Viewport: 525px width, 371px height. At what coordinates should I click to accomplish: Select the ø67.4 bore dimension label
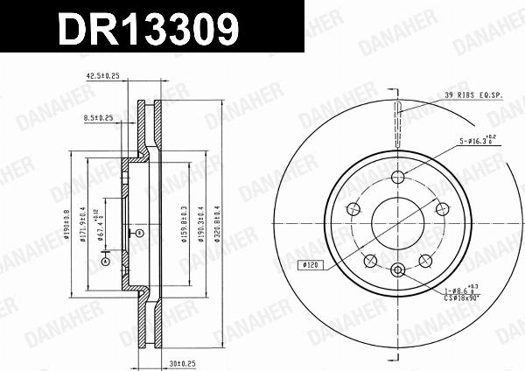tap(100, 225)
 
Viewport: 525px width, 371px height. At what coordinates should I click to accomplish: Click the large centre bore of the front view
tap(398, 220)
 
